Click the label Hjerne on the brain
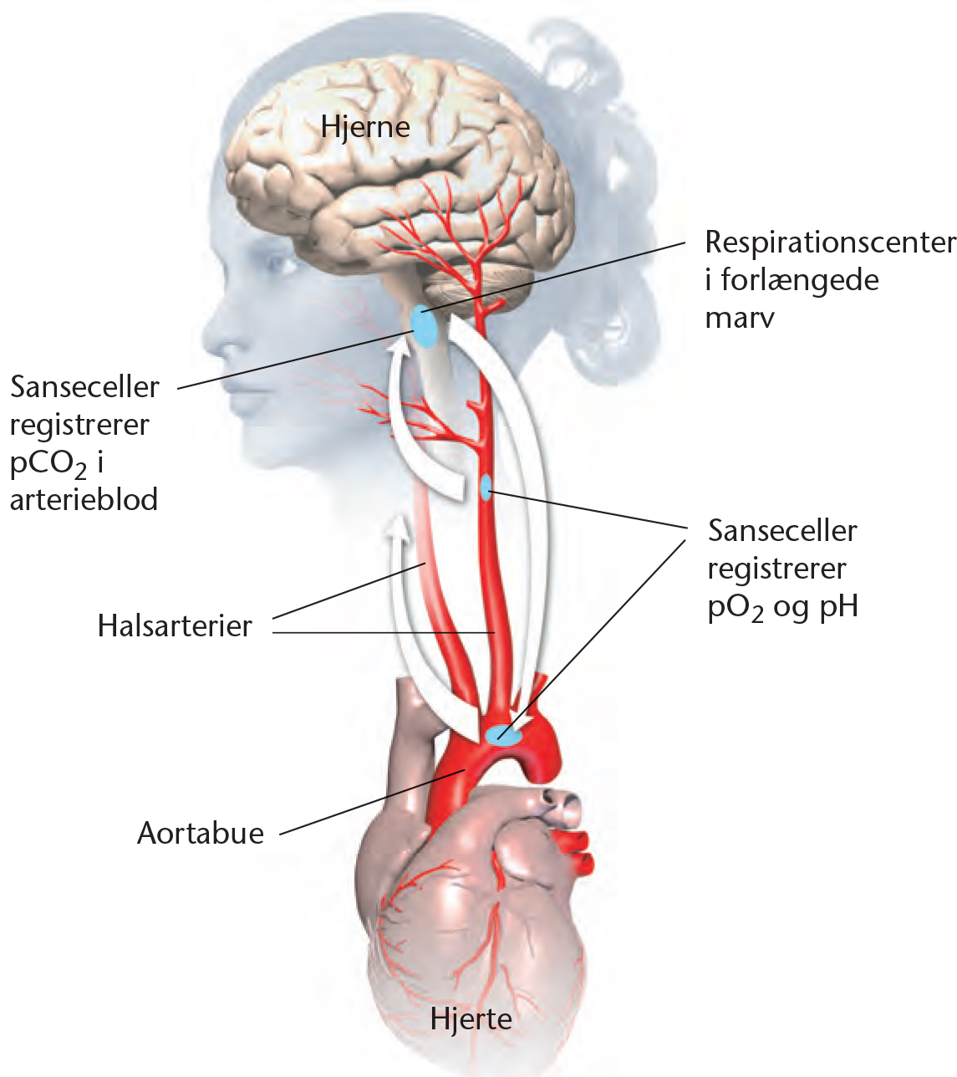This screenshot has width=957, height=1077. coord(365,127)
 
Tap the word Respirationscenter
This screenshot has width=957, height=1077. coord(830,242)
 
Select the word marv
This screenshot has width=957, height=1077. coord(739,318)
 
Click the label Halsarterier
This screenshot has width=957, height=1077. coord(175,625)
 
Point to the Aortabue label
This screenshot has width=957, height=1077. coord(201,833)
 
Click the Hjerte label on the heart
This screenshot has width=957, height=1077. coord(471,1019)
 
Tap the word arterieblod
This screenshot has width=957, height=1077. coord(84,499)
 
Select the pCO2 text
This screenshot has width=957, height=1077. coord(48,463)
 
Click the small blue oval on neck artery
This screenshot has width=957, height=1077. coord(486,487)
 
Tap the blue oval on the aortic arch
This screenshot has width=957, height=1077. coord(503,736)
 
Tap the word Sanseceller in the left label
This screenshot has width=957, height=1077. coord(84,386)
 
